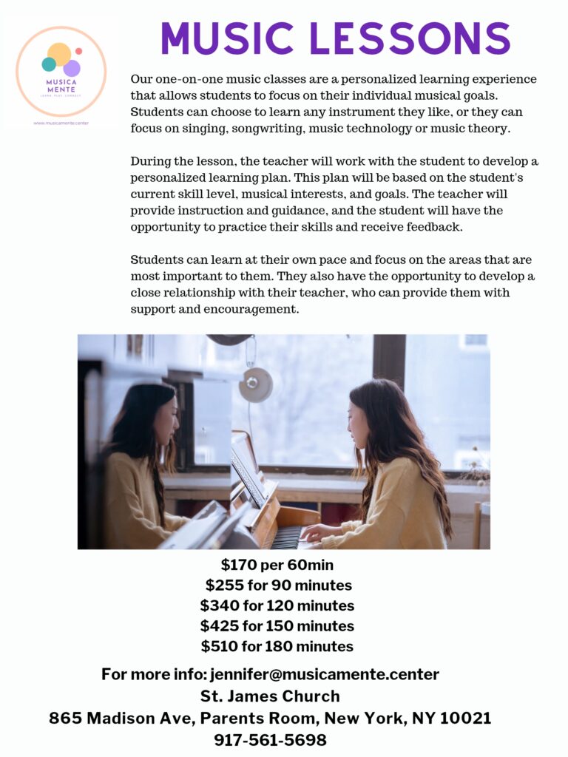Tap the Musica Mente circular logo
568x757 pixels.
point(61,71)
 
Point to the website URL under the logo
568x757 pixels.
point(61,123)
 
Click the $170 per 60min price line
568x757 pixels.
point(277,566)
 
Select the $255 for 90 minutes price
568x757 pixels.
point(278,585)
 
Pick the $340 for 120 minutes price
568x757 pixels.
point(277,606)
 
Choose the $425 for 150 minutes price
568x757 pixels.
point(277,626)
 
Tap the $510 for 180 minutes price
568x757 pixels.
point(277,646)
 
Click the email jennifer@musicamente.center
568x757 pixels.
point(325,674)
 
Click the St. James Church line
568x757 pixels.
point(270,696)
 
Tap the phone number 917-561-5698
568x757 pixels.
point(270,740)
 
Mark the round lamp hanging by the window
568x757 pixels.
point(256,384)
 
